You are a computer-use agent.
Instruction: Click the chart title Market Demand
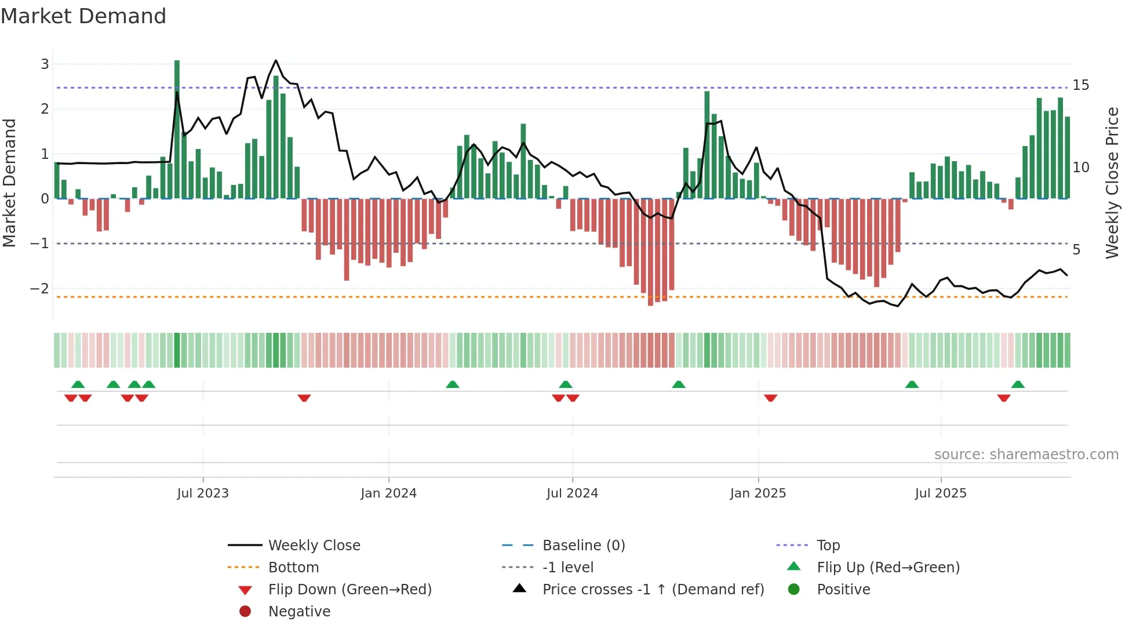coord(83,16)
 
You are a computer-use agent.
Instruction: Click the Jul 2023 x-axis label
coord(203,493)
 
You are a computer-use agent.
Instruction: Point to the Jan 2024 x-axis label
coord(388,493)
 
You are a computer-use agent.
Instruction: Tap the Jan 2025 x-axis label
coord(758,493)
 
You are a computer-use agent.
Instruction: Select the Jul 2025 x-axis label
coord(941,493)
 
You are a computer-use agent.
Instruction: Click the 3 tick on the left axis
coord(45,64)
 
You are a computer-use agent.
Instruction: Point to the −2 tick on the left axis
coord(40,289)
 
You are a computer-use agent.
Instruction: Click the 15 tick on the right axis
coord(1080,85)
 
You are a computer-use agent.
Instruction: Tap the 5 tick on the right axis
coord(1076,250)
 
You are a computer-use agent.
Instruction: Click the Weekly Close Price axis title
coord(1112,183)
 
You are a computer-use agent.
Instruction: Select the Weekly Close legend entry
coord(314,546)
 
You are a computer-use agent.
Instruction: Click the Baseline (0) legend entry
coord(583,546)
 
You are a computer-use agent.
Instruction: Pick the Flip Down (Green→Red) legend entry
coord(349,590)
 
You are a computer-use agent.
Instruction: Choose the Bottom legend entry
coord(293,568)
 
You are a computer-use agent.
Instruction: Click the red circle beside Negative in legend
coord(245,612)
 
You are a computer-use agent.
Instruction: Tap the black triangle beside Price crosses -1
coord(520,589)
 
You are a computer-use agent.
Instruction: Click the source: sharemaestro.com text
coord(1026,455)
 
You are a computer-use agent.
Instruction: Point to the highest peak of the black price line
coord(276,61)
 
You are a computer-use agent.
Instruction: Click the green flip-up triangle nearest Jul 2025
coord(912,384)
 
